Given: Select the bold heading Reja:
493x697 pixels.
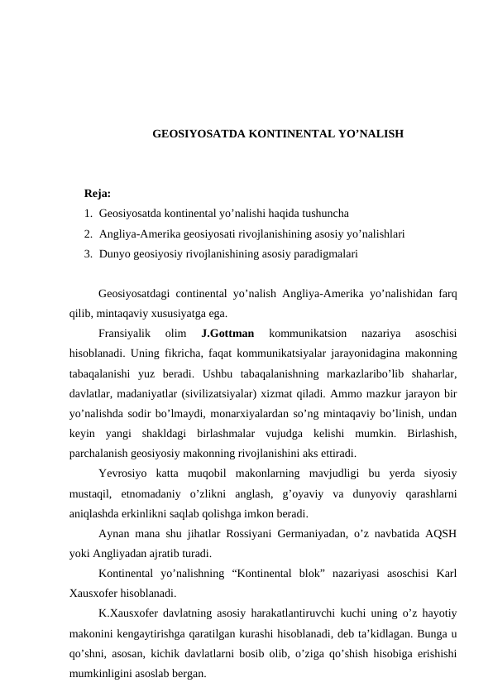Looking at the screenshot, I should pyautogui.click(x=98, y=194).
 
